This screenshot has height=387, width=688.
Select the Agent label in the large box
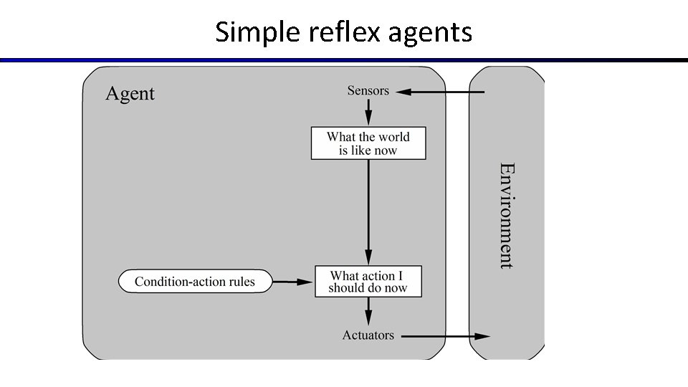[x=130, y=94]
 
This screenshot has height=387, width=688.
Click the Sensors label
[x=368, y=90]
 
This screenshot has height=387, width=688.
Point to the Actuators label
[x=368, y=335]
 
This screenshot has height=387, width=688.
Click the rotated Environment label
[x=507, y=215]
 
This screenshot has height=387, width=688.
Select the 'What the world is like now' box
[x=368, y=143]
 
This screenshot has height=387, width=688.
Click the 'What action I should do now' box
[x=368, y=282]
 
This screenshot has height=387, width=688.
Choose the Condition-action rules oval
[x=195, y=282]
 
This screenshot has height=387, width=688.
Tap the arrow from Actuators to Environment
[x=444, y=336]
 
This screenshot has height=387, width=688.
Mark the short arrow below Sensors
[x=368, y=112]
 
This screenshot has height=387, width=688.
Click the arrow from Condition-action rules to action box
[x=294, y=282]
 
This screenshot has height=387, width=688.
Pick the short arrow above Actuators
[x=368, y=311]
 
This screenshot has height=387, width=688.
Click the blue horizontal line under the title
[x=344, y=60]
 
